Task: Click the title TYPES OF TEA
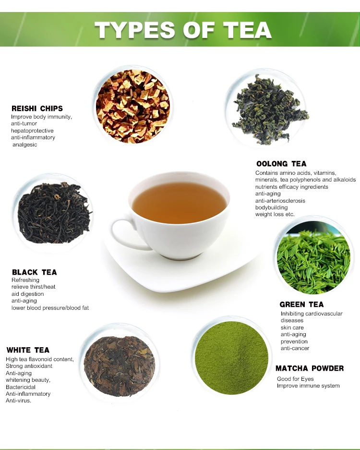183,30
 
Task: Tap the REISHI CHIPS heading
37,109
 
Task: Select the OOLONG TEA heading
281,164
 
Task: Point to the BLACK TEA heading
34,272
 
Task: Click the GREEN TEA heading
301,304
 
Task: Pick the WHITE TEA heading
28,350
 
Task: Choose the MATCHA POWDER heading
310,368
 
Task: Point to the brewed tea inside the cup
179,202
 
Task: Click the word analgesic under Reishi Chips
25,145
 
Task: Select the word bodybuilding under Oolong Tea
272,207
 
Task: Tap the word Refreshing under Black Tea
25,280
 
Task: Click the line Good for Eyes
295,379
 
